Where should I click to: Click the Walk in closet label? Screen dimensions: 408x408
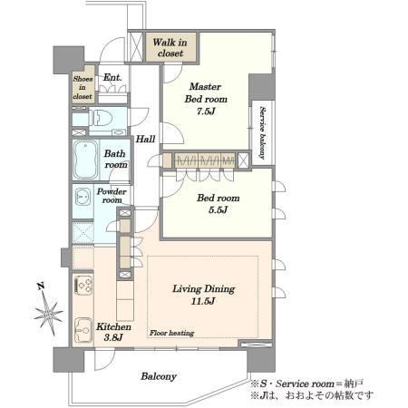click(170, 48)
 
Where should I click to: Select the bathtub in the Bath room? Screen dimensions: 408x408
click(86, 160)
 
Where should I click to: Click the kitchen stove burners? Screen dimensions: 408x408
click(83, 285)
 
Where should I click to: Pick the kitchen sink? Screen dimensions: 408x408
click(83, 330)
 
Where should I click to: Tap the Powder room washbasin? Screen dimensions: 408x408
click(83, 197)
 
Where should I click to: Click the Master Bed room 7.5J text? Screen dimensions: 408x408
click(206, 99)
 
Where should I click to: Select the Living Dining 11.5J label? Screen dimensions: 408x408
click(203, 295)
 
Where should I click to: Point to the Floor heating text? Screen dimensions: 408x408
click(171, 333)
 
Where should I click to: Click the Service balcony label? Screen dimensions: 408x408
click(262, 132)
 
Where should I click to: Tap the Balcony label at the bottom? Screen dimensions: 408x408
click(159, 376)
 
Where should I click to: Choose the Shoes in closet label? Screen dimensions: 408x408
click(83, 88)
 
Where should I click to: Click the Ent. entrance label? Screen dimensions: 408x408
click(112, 77)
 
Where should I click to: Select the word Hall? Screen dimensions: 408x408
click(145, 139)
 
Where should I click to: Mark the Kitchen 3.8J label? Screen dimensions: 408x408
click(113, 332)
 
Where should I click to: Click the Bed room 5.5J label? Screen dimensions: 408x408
click(219, 204)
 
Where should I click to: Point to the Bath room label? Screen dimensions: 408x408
click(115, 159)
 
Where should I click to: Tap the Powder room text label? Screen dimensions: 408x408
click(112, 196)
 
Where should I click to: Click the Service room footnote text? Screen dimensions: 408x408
click(306, 384)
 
